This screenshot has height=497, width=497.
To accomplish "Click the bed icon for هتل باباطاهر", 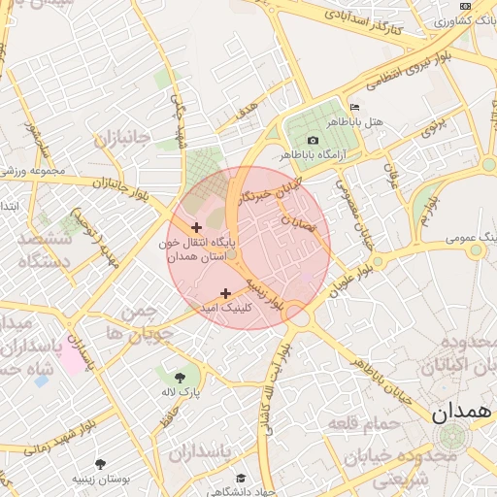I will pos(354,108).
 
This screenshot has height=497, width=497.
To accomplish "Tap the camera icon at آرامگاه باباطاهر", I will pos(313,141).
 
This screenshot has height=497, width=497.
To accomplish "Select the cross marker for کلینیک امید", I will pos(226,292).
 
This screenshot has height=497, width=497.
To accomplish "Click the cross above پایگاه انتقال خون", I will pos(197,226).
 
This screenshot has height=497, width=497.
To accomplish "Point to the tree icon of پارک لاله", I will pos(180,378).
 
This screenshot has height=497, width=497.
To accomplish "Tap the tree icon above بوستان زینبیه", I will pos(100,464).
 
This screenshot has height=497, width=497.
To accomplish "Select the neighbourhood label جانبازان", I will pos(122,139).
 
